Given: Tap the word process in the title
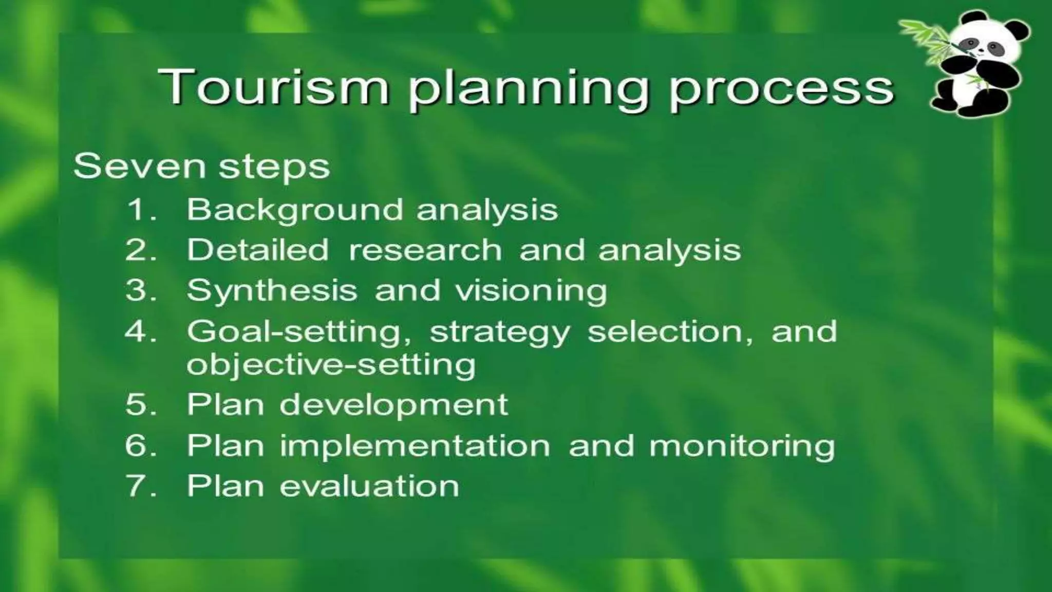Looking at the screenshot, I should [781, 88].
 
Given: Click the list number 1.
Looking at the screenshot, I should [138, 210].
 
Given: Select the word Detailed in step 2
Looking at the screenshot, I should [257, 250].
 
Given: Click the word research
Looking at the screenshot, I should [425, 250].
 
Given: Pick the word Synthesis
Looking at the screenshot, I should [272, 291].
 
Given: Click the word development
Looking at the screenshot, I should [393, 405].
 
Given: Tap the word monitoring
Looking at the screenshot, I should [742, 446].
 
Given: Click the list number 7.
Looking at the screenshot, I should [138, 486].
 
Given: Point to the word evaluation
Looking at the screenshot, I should [369, 486].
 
